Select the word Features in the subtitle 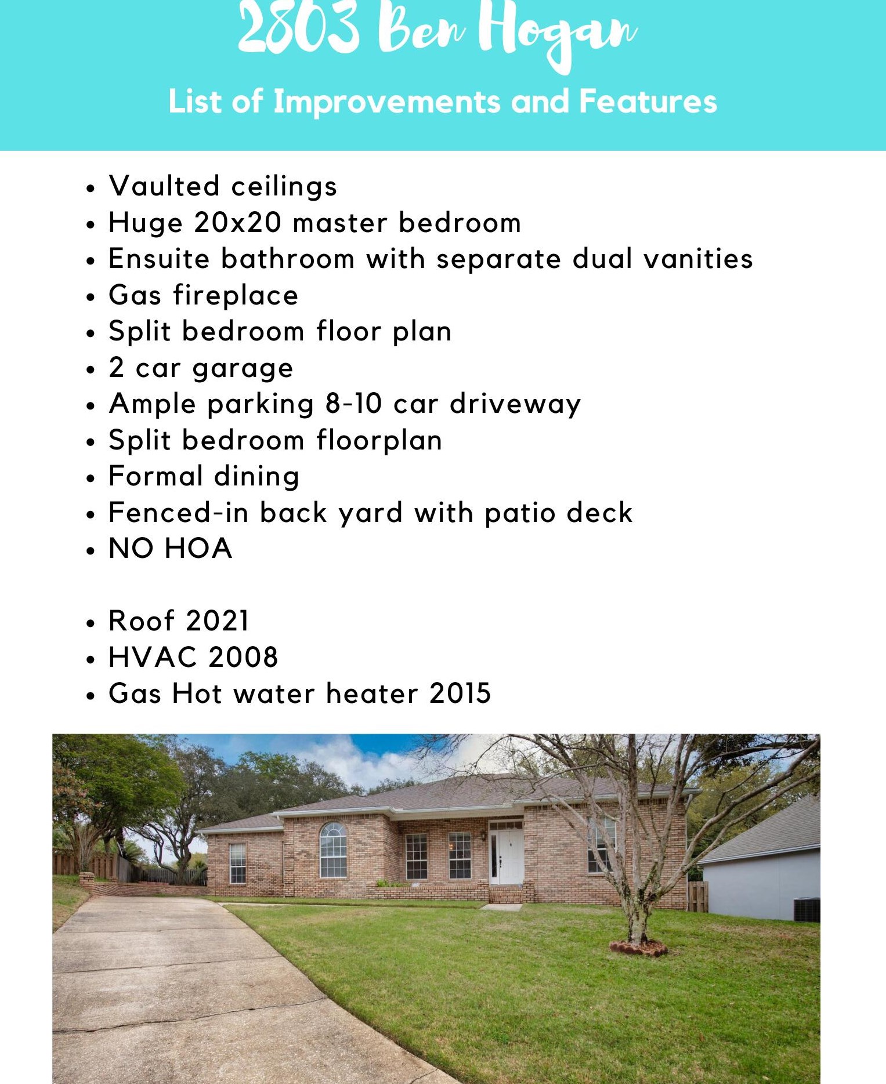coord(648,101)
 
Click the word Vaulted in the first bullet coord(164,186)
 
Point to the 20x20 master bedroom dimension coord(238,223)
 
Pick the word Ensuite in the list coord(159,259)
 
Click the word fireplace coord(236,296)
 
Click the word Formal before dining coord(156,476)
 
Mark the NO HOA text coord(171,549)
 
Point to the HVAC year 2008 coord(243,658)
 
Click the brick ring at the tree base coord(638,948)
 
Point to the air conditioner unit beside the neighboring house coord(807,909)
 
